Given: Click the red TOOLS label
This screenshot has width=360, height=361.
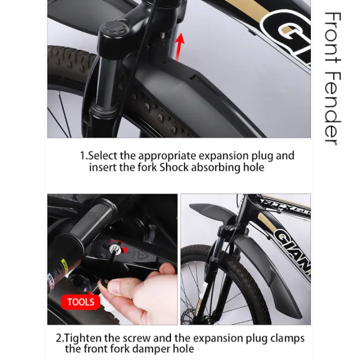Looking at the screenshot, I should click(x=80, y=301).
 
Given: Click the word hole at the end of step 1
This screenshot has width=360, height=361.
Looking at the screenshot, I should click(x=253, y=167).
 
